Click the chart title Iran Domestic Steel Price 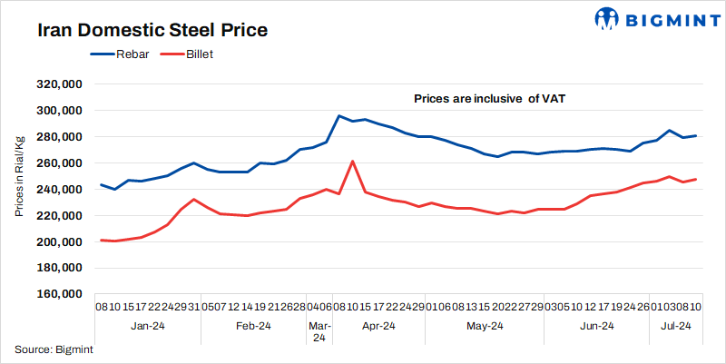click(x=152, y=30)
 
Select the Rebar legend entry click(x=125, y=54)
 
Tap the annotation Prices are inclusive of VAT click(x=490, y=97)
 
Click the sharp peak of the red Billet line click(x=352, y=162)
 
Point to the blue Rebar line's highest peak click(x=338, y=116)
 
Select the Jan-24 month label click(x=146, y=326)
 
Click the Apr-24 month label click(x=378, y=326)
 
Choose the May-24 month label click(x=485, y=326)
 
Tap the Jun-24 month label click(x=595, y=326)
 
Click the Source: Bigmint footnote click(x=54, y=349)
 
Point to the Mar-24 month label click(x=319, y=331)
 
